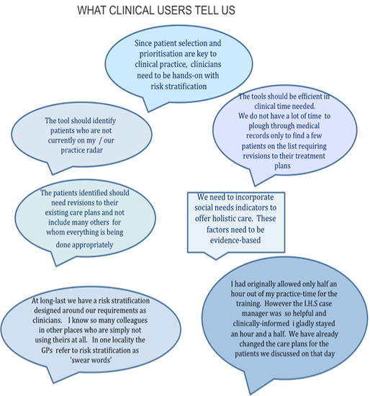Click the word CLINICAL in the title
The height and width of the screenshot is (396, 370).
132,10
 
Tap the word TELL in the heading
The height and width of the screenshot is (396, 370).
206,10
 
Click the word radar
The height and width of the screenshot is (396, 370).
94,150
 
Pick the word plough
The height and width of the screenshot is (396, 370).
258,126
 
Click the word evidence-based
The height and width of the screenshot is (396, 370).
235,240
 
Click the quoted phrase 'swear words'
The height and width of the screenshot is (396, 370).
91,360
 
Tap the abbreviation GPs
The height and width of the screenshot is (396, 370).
47,351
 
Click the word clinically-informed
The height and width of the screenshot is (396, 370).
261,323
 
